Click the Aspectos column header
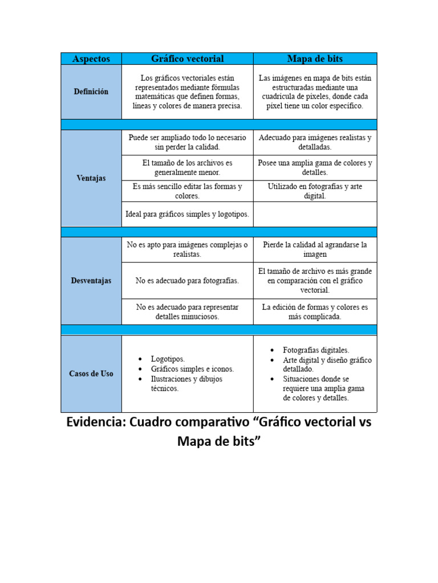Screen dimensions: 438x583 coord(91,59)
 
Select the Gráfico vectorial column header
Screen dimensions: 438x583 coord(187,59)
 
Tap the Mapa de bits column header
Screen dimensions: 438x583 coord(315,59)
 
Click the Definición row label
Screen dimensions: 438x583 coord(91,92)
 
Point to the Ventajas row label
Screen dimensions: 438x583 coord(91,178)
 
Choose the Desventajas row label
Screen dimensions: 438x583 coord(91,281)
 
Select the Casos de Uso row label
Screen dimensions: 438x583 coord(91,373)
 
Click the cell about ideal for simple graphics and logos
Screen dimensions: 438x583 coord(187,214)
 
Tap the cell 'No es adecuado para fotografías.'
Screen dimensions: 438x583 coord(187,281)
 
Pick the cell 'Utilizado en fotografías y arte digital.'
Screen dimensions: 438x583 coord(315,191)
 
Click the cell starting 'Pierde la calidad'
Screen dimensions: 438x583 coord(315,249)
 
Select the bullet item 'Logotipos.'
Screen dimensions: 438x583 coord(168,359)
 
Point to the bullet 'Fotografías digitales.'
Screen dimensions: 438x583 coord(316,350)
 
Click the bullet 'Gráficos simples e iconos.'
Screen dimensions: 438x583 coord(192,369)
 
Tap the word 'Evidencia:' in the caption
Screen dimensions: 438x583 coord(95,423)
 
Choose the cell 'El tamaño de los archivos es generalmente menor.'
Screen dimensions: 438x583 coord(187,167)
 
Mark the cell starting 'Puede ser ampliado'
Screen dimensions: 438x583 coord(187,142)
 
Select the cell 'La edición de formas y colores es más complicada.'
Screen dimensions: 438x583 coord(315,311)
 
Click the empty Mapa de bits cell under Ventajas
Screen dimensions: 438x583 coord(315,214)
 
